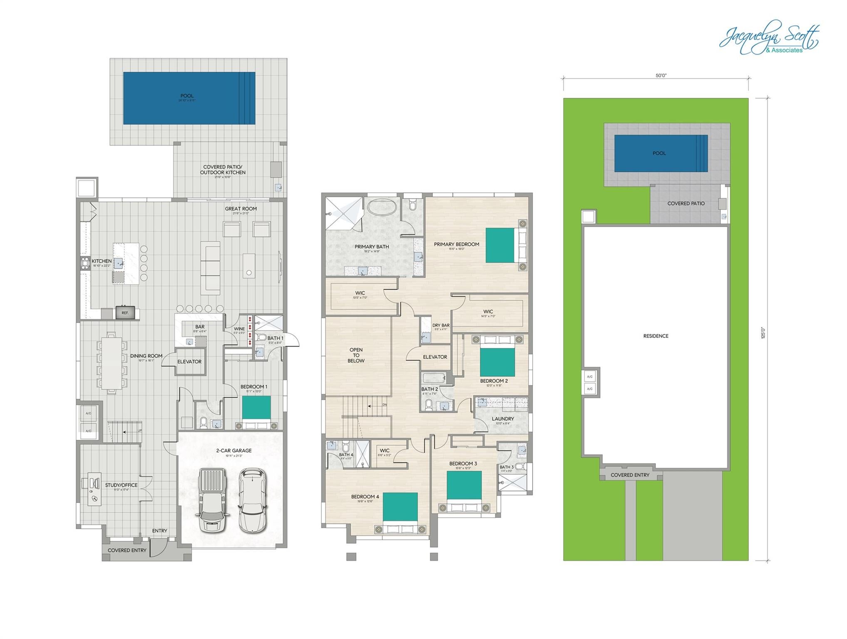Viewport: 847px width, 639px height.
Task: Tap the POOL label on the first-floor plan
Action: pyautogui.click(x=187, y=96)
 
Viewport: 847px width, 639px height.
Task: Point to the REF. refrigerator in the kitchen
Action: pyautogui.click(x=125, y=313)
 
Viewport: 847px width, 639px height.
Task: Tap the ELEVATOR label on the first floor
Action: pyautogui.click(x=189, y=362)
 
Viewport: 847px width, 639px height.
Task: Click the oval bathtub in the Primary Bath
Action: pyautogui.click(x=382, y=207)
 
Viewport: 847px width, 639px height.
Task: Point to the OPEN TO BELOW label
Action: pyautogui.click(x=356, y=355)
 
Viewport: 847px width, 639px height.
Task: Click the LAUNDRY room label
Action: pyautogui.click(x=503, y=419)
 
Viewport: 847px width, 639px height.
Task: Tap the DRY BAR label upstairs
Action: pyautogui.click(x=441, y=325)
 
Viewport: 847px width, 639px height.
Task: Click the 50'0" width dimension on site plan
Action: pyautogui.click(x=661, y=76)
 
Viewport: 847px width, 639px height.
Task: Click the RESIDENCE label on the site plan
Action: pyautogui.click(x=656, y=336)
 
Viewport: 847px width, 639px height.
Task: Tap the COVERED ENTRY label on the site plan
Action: pyautogui.click(x=630, y=475)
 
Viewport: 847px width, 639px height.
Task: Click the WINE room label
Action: pyautogui.click(x=239, y=329)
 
